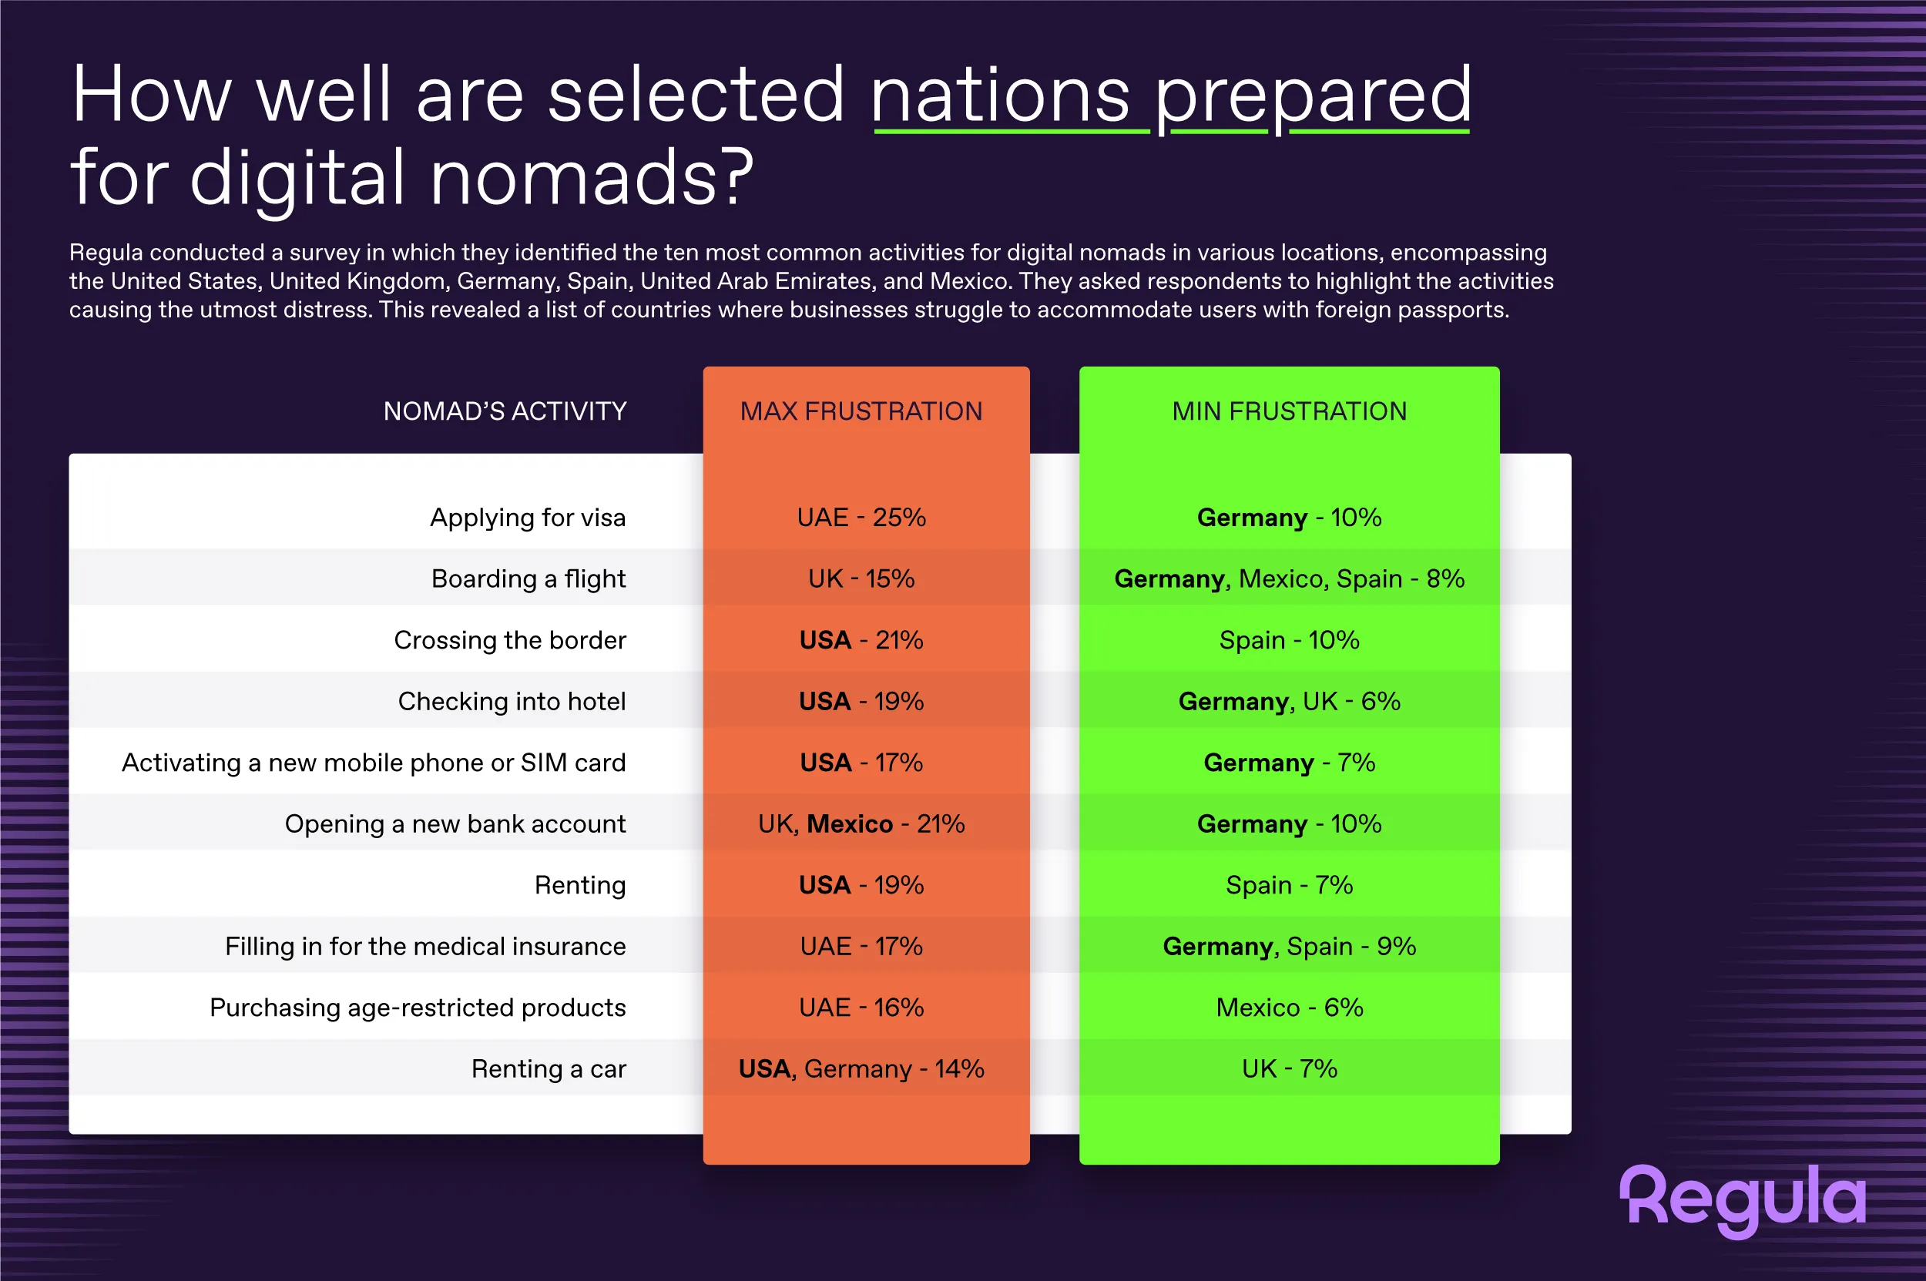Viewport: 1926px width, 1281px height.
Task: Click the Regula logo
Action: [x=1743, y=1199]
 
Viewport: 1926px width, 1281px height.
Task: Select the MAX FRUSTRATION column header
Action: [x=861, y=411]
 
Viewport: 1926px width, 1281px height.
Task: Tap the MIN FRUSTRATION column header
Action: [x=1290, y=411]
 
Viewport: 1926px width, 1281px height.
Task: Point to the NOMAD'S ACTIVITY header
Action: [x=505, y=411]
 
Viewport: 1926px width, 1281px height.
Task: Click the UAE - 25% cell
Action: [x=861, y=517]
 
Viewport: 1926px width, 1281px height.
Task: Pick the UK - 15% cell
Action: [x=861, y=578]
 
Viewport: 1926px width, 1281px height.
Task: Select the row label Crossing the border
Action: [x=510, y=639]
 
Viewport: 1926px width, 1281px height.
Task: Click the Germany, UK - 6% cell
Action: [x=1290, y=701]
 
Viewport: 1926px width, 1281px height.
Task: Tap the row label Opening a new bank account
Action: [x=455, y=823]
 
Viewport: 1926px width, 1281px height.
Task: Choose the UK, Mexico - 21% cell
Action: [x=861, y=823]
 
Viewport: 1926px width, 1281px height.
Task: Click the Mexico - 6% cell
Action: [x=1290, y=1008]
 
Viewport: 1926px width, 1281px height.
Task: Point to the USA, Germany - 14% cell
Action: [x=861, y=1068]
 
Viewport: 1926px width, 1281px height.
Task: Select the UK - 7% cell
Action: [x=1290, y=1068]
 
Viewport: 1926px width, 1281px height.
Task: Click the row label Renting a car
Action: [x=549, y=1068]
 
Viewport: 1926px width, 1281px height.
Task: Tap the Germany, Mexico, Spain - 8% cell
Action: [x=1290, y=578]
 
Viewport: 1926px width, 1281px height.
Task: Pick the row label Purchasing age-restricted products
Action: [x=418, y=1008]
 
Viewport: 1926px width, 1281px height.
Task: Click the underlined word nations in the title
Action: [x=1001, y=96]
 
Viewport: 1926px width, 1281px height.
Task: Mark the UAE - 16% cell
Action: [x=861, y=1008]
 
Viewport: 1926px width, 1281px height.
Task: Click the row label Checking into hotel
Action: [x=512, y=701]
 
